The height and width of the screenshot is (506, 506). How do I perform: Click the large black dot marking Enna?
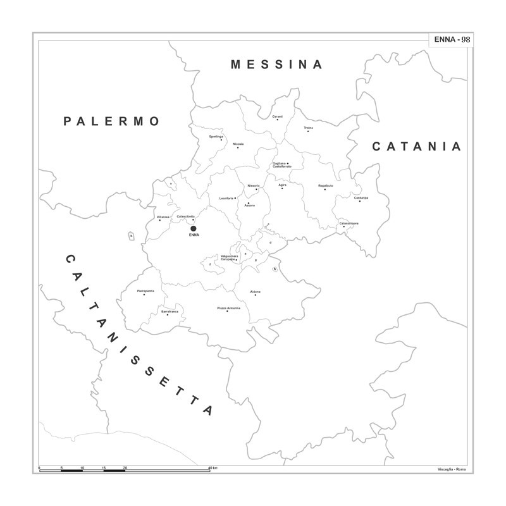[x=194, y=228]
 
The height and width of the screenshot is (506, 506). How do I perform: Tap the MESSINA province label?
[x=277, y=65]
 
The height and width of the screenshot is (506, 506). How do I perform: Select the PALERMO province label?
[x=112, y=121]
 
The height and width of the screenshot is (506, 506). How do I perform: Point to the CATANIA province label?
[x=417, y=147]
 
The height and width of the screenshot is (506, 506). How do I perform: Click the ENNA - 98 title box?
[x=452, y=39]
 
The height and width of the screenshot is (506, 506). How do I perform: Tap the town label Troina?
[x=308, y=128]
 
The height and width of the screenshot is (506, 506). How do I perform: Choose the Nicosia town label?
[x=238, y=144]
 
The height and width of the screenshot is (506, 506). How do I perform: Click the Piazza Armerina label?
[x=228, y=308]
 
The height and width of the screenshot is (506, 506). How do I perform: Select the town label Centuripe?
[x=361, y=198]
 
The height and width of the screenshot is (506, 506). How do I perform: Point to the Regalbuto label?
[x=325, y=185]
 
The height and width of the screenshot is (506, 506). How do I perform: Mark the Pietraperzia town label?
[x=145, y=290]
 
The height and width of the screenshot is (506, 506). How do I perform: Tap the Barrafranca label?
[x=170, y=311]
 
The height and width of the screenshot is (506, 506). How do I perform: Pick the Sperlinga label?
[x=216, y=137]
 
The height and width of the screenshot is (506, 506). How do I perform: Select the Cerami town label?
[x=277, y=116]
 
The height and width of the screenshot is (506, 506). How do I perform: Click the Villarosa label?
[x=163, y=217]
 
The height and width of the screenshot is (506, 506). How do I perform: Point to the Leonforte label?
[x=226, y=198]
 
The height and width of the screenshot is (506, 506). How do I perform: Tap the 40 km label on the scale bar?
[x=213, y=467]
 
